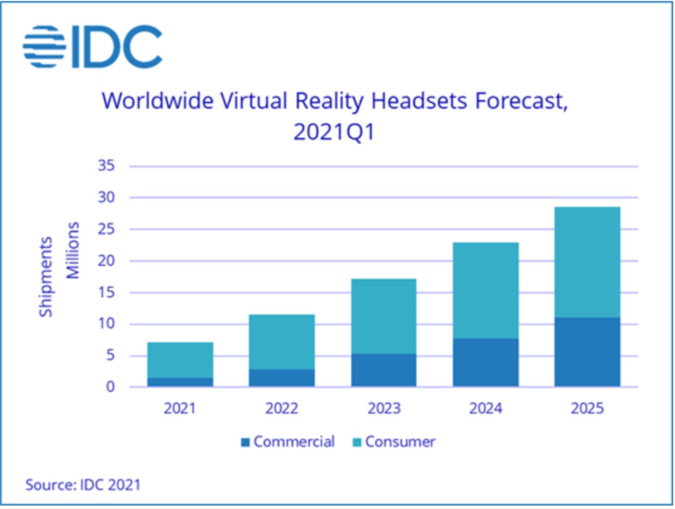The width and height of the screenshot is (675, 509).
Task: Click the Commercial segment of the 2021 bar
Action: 180,382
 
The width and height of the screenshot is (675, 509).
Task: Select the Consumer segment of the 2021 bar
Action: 180,359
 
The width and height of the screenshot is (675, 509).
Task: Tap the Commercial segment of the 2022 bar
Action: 282,378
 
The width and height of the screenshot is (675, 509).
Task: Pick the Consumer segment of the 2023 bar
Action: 383,316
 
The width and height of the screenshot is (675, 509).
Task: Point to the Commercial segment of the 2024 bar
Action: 486,362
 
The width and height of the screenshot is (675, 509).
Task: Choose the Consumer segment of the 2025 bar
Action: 587,262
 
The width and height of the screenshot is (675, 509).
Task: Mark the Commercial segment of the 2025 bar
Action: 587,352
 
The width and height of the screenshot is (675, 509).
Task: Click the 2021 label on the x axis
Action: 180,408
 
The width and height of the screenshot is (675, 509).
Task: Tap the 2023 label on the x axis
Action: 383,408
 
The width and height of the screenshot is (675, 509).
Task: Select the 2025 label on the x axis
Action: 587,408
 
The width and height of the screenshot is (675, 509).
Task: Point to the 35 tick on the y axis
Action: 106,166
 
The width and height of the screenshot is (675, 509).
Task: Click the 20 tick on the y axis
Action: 106,261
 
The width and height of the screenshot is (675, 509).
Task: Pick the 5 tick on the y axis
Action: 109,356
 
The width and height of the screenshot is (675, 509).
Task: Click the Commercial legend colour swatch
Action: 246,443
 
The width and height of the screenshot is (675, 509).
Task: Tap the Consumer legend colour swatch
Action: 357,443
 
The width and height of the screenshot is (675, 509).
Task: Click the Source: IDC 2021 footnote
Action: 83,484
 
